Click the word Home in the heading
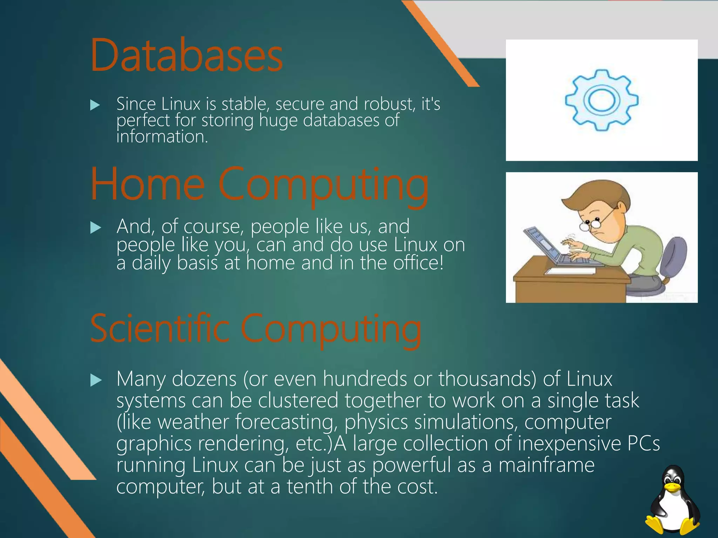pos(147,185)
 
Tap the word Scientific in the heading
pos(160,329)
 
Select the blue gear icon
pos(602,100)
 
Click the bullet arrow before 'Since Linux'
pos(95,105)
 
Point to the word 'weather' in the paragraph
pos(193,422)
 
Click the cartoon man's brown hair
pos(596,194)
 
